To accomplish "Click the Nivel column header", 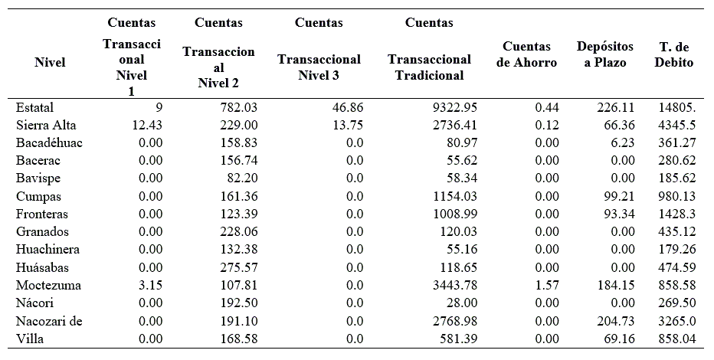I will pyautogui.click(x=50, y=63).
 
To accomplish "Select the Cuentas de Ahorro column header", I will pyautogui.click(x=526, y=55).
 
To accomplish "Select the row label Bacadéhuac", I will pyautogui.click(x=48, y=143).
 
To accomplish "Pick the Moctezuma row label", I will pyautogui.click(x=47, y=286).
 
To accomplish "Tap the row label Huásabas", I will pyautogui.click(x=45, y=267).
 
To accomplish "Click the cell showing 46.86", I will pyautogui.click(x=347, y=108).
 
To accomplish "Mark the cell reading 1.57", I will pyautogui.click(x=544, y=286).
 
